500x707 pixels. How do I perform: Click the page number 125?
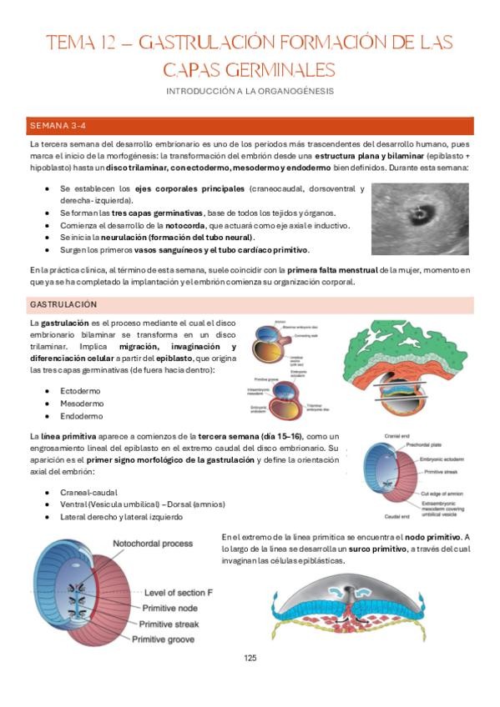click(250, 658)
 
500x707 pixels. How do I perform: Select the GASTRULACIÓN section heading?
click(63, 304)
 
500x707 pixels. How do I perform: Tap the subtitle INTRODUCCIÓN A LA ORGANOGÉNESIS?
click(250, 89)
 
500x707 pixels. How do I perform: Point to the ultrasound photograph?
click(422, 207)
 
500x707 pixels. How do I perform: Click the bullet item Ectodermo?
click(80, 389)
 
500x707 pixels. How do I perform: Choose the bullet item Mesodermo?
click(81, 403)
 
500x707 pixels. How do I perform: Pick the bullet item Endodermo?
click(81, 416)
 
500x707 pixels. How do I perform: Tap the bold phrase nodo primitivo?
click(437, 536)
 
